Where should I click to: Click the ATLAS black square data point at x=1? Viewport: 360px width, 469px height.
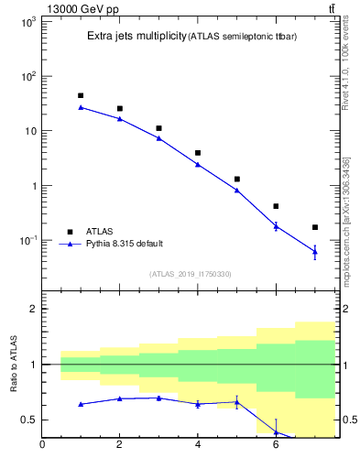[x=81, y=95]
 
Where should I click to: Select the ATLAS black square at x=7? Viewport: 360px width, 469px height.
[x=315, y=227]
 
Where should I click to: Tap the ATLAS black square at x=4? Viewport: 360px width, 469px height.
[x=198, y=153]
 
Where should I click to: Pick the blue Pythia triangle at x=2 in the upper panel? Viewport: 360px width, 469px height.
[x=120, y=118]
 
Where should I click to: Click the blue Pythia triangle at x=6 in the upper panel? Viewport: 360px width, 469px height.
[x=276, y=225]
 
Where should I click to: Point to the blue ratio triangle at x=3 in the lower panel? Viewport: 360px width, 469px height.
[x=158, y=398]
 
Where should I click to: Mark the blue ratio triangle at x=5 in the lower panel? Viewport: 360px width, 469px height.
[x=237, y=402]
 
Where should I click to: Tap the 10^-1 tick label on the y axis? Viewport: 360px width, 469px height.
[x=26, y=241]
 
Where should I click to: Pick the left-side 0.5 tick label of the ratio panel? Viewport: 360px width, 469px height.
[x=28, y=420]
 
